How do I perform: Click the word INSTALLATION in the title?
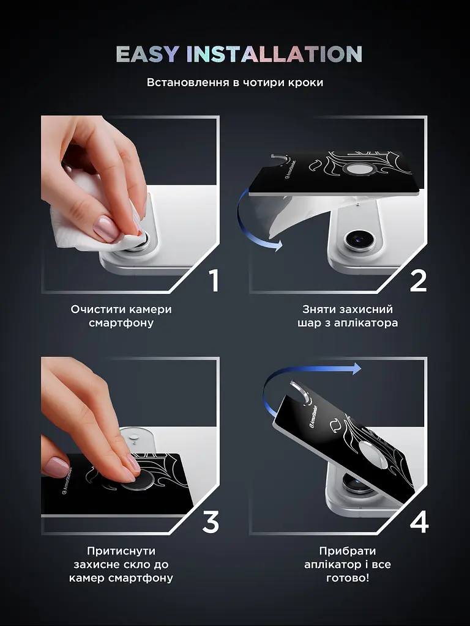274,54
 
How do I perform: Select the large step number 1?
214,281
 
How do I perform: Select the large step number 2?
418,281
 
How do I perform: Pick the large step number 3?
211,522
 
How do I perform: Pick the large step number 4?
419,522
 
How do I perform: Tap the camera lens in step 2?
359,240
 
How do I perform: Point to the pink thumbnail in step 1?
105,228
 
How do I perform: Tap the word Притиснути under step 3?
121,551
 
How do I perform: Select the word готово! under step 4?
348,578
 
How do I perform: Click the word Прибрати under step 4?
348,551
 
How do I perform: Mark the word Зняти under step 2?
318,309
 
